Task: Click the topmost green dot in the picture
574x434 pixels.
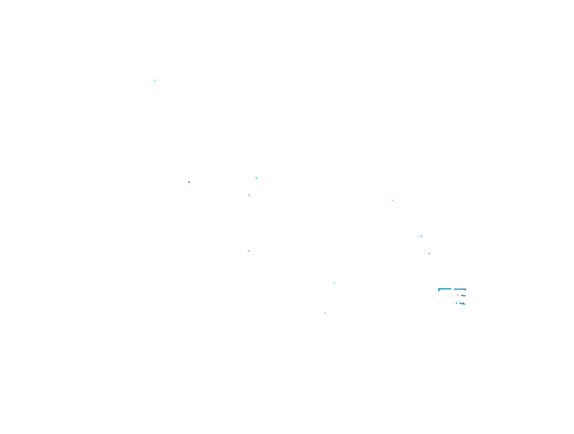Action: [x=155, y=80]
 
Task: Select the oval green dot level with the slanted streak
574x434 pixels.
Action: [x=189, y=182]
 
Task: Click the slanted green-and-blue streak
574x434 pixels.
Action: [x=256, y=178]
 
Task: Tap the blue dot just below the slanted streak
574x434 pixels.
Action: [x=249, y=195]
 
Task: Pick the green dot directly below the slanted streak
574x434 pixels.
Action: [x=249, y=251]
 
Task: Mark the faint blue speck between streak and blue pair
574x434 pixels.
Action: [x=393, y=200]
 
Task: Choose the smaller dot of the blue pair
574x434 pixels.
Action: [x=418, y=236]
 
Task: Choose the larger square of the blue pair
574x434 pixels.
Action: [x=421, y=236]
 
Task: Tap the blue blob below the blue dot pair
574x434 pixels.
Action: [x=429, y=253]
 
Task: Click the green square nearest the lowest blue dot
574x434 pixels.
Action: [x=334, y=283]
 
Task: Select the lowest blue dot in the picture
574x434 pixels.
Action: [x=325, y=313]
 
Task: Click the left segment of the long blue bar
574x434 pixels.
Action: [x=445, y=289]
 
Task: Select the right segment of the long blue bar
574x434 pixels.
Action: [x=460, y=289]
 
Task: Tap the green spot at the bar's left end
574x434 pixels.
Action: [x=439, y=291]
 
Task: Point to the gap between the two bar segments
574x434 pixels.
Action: [x=453, y=289]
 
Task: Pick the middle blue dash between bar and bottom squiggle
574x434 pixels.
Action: [x=463, y=296]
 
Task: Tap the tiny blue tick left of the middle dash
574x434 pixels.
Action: [x=458, y=295]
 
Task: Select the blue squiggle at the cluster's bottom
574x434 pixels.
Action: [x=462, y=304]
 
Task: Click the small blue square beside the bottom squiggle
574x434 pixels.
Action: [x=456, y=303]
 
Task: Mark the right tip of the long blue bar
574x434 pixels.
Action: [x=466, y=289]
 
